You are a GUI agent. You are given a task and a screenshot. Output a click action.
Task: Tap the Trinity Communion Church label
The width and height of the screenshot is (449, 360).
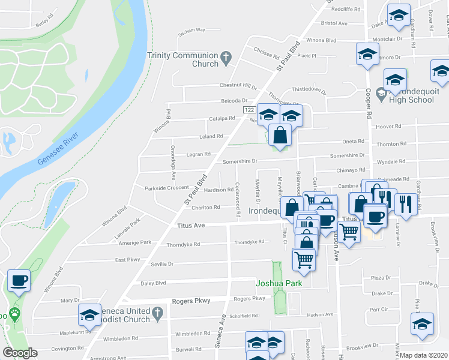(182, 59)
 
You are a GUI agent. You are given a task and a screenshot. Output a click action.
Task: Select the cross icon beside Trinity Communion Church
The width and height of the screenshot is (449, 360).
(226, 59)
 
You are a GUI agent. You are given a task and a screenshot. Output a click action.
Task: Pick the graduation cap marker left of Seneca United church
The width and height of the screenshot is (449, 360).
(90, 315)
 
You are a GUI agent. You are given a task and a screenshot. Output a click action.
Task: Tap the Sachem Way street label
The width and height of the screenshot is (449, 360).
(193, 29)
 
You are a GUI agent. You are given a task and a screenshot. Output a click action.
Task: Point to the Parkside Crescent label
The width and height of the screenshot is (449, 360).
(166, 188)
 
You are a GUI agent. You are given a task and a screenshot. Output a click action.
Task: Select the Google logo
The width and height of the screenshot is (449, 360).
(20, 353)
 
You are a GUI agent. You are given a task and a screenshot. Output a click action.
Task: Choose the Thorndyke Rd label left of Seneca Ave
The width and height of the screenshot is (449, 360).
(182, 245)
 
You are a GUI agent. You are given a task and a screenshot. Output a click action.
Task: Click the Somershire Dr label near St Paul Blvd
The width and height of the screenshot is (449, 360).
(240, 161)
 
